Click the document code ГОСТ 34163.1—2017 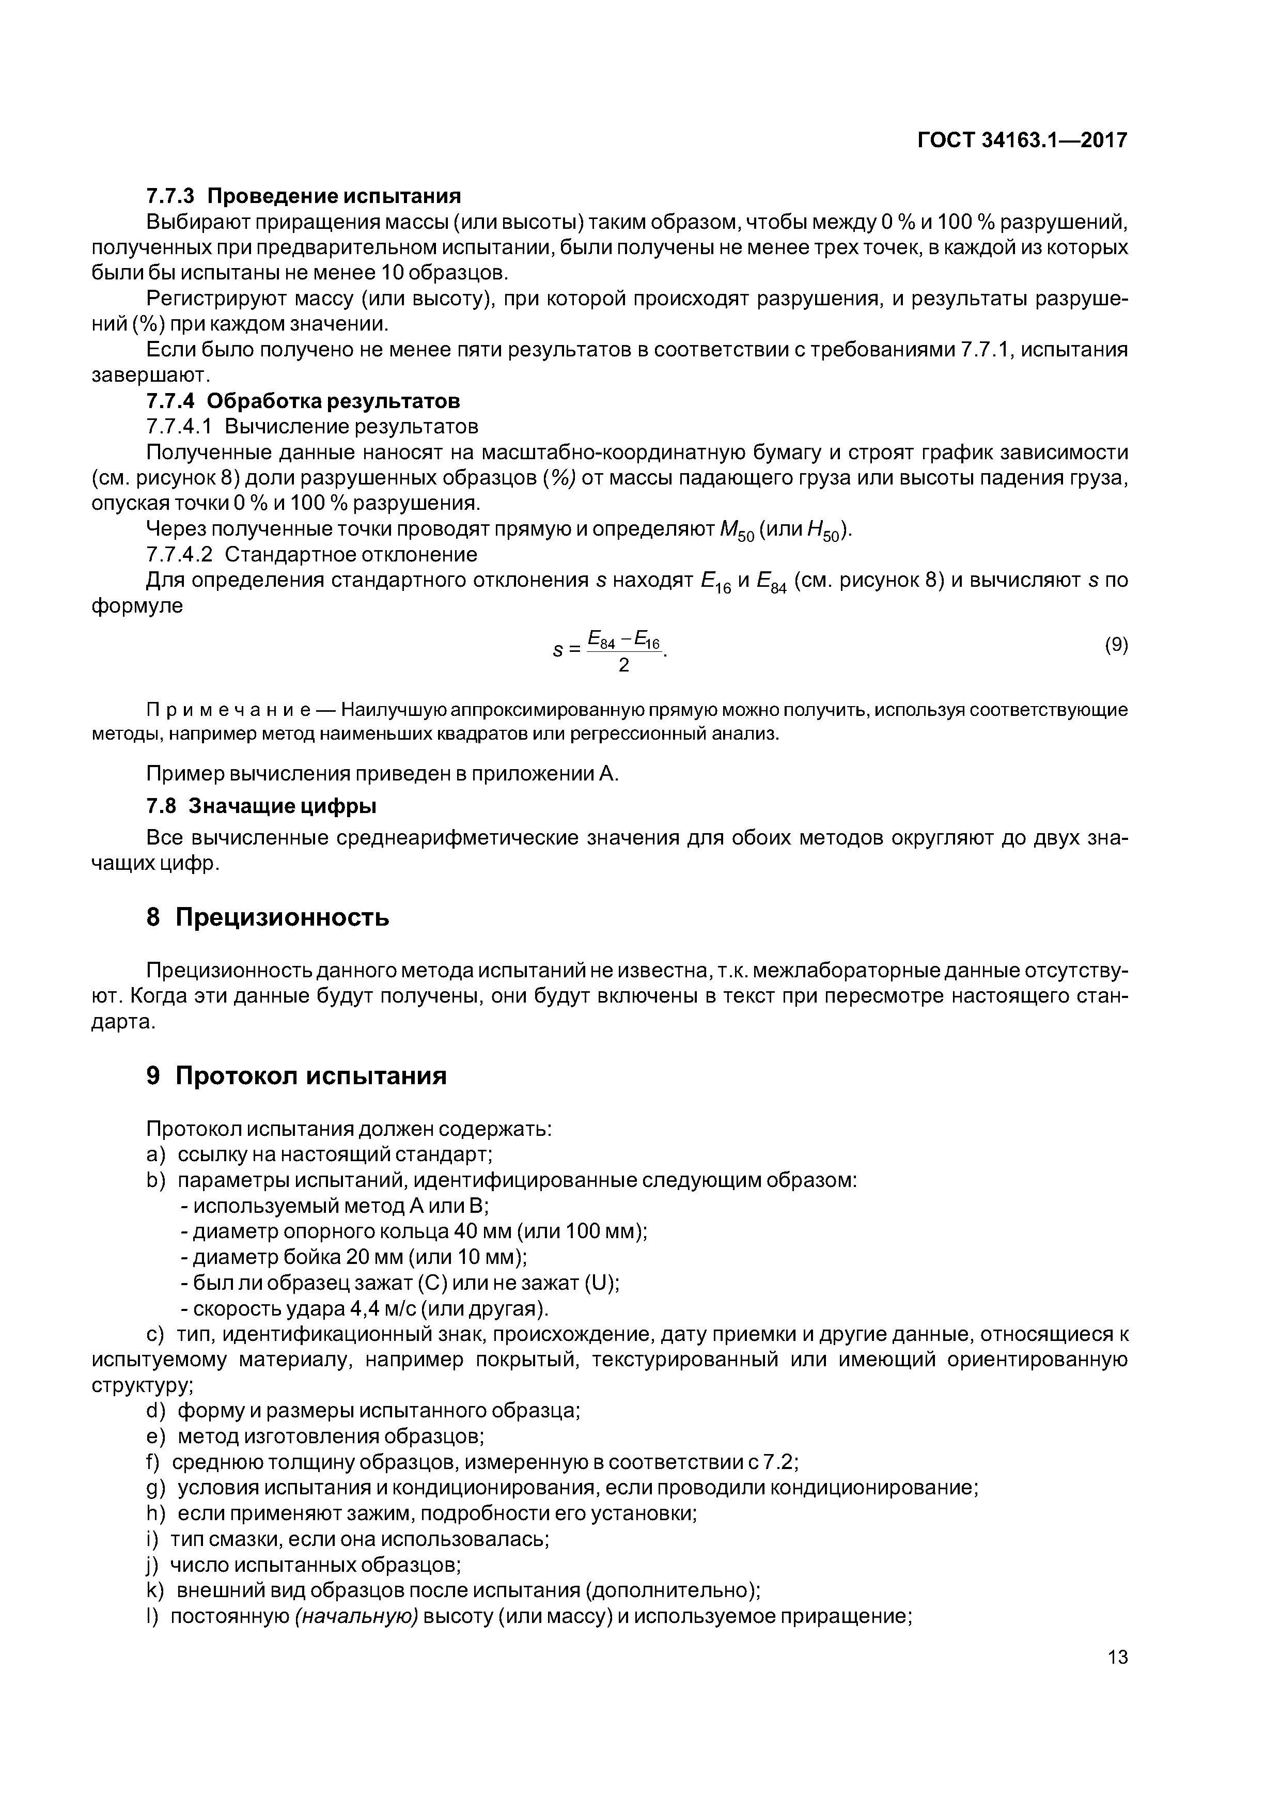coord(1023,140)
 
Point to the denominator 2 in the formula coord(623,665)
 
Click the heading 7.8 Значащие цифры coord(261,806)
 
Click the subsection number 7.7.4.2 coord(179,555)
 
